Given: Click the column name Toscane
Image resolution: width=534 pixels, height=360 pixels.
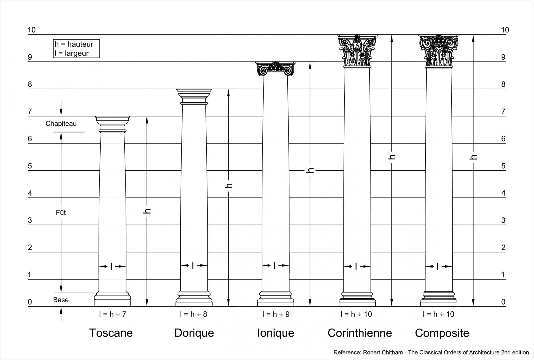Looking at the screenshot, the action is point(111,333).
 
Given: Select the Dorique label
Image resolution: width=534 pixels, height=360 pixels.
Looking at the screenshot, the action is point(194,333).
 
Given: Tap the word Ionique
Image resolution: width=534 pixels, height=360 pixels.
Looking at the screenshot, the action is point(276,333).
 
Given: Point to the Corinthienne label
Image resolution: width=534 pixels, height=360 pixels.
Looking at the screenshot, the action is point(360,333).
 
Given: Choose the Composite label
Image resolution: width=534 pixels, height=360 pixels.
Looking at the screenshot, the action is point(442,333).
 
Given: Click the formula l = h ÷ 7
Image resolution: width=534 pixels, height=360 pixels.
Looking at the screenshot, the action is point(113,314).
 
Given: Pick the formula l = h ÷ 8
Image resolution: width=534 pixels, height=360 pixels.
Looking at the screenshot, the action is point(194,314).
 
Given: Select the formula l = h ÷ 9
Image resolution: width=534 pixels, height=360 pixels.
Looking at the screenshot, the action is point(276,314).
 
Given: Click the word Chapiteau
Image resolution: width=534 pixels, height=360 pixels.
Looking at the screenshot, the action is point(61,124).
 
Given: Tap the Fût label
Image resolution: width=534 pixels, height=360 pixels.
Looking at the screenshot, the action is point(61,212).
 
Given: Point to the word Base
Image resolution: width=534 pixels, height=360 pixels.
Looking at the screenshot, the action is point(61,300).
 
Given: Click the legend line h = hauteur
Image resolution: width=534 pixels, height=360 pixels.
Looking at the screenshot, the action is point(74,44).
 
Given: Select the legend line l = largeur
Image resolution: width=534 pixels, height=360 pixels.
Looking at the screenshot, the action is point(72,53).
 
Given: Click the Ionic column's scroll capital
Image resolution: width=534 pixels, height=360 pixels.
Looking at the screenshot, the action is point(276,68).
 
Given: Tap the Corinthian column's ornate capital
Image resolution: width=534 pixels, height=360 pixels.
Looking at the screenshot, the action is point(357,51).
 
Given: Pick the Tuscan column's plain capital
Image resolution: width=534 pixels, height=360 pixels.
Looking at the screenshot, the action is point(113,124).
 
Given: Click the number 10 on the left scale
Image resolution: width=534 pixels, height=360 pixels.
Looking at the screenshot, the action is point(31,30).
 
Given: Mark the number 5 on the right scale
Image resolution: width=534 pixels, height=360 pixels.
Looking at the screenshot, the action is point(503,166).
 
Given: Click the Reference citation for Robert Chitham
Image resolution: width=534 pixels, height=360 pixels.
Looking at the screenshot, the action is point(431,352).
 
